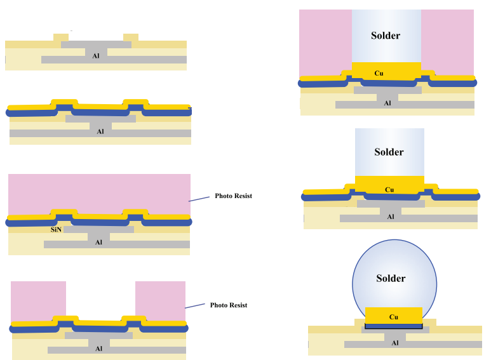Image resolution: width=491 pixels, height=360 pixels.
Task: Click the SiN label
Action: point(55,229)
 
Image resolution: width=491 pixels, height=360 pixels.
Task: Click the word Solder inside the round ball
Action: point(391,278)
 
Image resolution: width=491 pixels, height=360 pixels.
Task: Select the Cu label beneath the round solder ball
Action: point(394,316)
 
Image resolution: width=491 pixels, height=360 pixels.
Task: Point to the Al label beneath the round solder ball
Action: point(395,343)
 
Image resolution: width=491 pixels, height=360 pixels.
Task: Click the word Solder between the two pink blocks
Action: point(386,36)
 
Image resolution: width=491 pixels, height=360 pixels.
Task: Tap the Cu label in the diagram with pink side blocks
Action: point(379,73)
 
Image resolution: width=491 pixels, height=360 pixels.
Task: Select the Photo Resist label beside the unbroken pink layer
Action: point(233,196)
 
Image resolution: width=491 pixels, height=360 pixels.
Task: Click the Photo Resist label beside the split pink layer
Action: point(229,305)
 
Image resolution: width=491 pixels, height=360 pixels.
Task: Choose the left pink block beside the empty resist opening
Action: point(39,300)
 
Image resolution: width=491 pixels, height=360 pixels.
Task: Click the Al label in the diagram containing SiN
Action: point(98,242)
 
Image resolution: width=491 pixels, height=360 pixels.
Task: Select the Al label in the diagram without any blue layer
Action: point(96,56)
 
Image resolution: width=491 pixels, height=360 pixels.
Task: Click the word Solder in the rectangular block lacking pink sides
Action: point(389,152)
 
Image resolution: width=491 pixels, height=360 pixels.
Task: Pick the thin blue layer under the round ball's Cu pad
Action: point(394,326)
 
